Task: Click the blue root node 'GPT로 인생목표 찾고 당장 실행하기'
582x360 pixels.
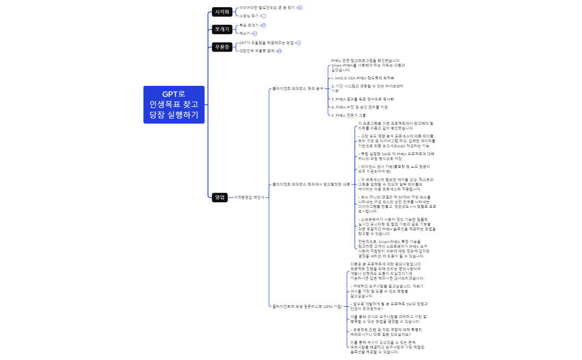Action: [x=173, y=105]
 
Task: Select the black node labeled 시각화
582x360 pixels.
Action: [x=222, y=12]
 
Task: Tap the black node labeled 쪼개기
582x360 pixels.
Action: [x=222, y=29]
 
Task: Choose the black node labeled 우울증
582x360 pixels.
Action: [x=222, y=47]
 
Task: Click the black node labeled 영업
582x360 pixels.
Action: [x=220, y=197]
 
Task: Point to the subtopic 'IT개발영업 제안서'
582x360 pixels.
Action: [x=249, y=197]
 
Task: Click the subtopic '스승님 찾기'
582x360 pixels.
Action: [x=249, y=16]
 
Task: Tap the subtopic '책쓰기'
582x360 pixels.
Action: [x=245, y=33]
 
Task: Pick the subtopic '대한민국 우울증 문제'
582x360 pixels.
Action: [x=257, y=51]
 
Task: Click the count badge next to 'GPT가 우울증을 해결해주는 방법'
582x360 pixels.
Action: [x=299, y=43]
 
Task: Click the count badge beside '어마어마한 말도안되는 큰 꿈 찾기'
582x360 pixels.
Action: [x=300, y=8]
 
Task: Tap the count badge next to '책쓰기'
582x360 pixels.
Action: [x=255, y=33]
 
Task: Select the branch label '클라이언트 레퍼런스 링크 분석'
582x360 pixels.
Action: [x=297, y=88]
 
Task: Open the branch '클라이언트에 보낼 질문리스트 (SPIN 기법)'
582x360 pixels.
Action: [x=307, y=306]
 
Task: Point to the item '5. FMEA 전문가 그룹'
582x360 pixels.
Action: [x=349, y=115]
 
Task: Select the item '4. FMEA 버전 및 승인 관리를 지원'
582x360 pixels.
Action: [x=359, y=107]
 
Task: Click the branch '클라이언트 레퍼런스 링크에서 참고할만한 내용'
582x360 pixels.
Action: [x=310, y=184]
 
